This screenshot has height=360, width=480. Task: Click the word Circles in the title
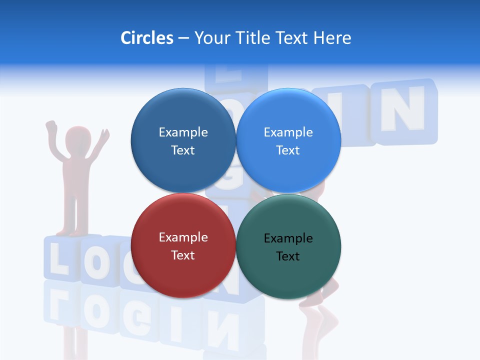pos(146,38)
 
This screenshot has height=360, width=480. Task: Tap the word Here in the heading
pos(332,38)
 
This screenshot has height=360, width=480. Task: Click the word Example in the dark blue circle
pos(183,132)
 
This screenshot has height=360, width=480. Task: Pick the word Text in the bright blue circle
pos(288,150)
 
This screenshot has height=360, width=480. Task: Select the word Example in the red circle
pos(183,237)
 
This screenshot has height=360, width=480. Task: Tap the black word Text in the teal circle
pos(288,256)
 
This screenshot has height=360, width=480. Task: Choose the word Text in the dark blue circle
pos(183,150)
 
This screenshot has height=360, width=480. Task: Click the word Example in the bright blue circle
pos(288,132)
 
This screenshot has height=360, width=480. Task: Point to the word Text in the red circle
pos(183,255)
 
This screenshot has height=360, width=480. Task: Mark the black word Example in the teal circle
pos(288,238)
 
